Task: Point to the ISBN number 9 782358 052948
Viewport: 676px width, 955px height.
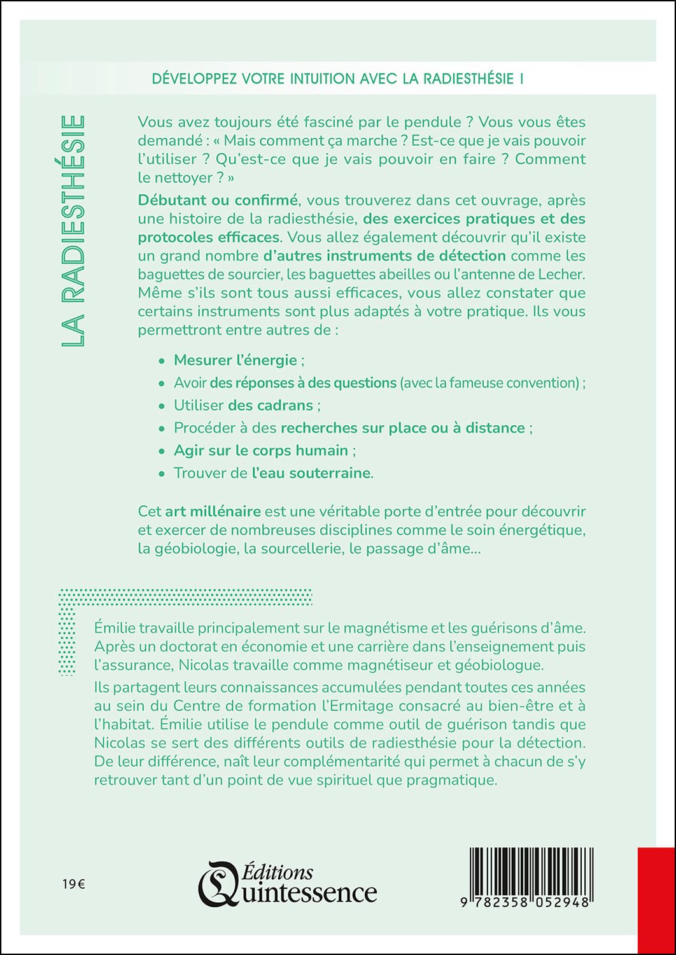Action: tap(528, 902)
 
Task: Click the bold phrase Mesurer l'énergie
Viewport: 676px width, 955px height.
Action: tap(236, 360)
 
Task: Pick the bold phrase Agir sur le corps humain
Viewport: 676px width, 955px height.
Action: tap(261, 451)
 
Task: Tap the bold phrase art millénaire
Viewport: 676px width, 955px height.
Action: tap(213, 512)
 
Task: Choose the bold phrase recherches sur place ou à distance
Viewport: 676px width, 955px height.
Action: tap(403, 428)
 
